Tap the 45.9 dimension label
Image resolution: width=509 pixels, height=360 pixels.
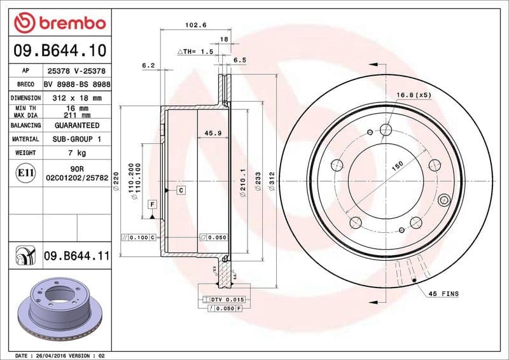[x=213, y=133]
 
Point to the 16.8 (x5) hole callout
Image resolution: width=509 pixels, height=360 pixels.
[x=414, y=95]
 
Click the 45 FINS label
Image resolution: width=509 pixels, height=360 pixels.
[x=443, y=294]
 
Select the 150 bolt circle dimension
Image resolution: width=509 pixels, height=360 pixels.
[x=397, y=165]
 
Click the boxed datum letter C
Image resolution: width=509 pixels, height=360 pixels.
[x=181, y=190]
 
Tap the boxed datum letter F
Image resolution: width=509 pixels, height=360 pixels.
[x=153, y=204]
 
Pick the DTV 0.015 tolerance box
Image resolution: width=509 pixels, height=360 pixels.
[x=223, y=299]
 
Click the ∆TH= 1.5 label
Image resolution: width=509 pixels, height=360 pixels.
[x=195, y=51]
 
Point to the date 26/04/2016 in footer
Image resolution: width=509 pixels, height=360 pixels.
[x=49, y=355]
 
